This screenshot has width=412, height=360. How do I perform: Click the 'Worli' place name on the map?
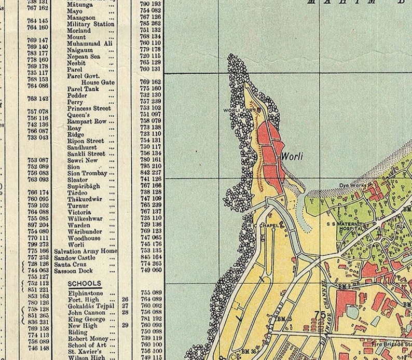pos(292,155)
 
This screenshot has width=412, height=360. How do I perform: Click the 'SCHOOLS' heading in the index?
pos(84,284)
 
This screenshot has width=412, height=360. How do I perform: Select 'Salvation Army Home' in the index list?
pos(85,251)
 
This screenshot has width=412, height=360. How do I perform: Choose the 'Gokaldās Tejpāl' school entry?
pos(90,306)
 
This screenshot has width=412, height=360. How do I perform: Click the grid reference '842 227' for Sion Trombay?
pos(151,173)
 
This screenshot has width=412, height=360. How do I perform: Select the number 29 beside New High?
pos(125,325)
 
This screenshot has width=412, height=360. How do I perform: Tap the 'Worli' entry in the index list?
pos(76,244)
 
